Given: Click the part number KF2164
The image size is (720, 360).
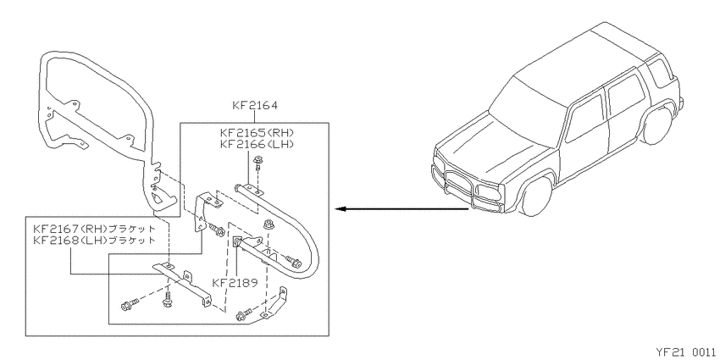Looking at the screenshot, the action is coord(255,106).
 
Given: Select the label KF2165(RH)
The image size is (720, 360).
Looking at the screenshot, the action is coord(257,133).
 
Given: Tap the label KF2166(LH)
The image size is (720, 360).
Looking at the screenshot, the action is coord(257,144).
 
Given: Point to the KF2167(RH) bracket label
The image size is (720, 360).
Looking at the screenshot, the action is coord(94,229).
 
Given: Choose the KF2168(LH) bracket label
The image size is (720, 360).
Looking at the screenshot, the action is coord(94,240).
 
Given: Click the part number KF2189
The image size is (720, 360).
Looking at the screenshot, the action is coord(235,282).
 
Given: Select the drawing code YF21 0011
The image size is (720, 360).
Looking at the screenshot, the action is coord(685,352).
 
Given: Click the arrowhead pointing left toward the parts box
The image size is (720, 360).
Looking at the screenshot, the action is coord(341,209).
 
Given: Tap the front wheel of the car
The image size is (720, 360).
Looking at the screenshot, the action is coord(536,197).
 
